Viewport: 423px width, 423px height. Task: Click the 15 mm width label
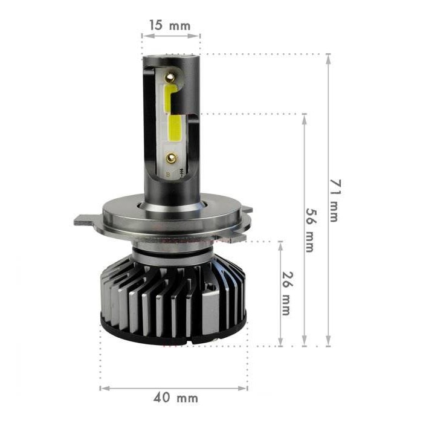coord(170,25)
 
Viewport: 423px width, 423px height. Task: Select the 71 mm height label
coord(334,200)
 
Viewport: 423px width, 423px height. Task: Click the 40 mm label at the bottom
coord(175,398)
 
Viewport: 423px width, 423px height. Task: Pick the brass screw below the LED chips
coord(173,158)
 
